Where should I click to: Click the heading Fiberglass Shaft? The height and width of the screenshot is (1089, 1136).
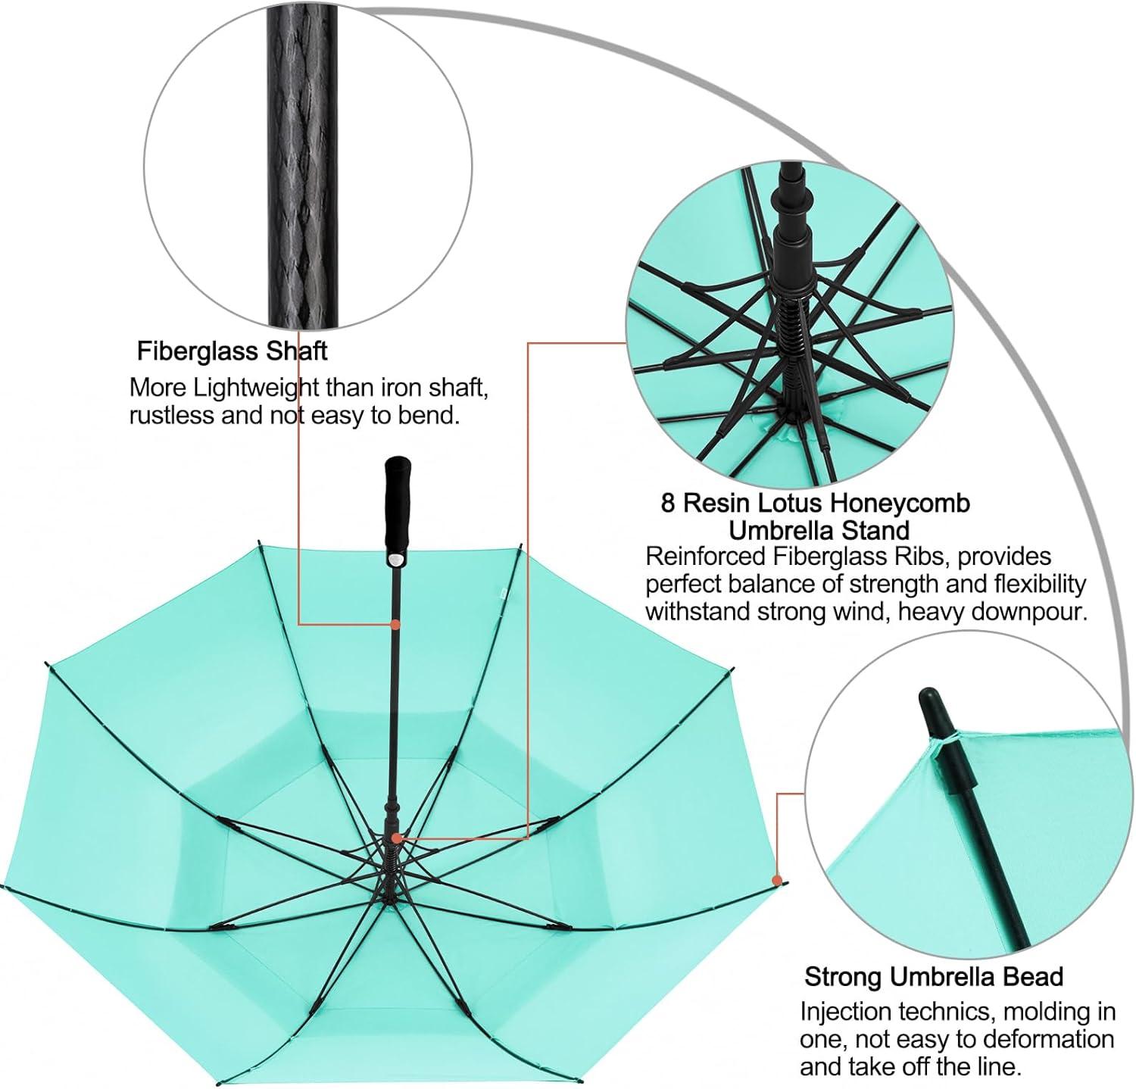(x=232, y=351)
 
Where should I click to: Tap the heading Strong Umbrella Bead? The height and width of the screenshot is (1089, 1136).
(x=934, y=977)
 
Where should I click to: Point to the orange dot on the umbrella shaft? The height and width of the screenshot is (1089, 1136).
(x=395, y=625)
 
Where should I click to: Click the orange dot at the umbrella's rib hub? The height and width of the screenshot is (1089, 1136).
(x=396, y=838)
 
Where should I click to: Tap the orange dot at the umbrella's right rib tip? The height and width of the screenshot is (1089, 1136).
(x=776, y=880)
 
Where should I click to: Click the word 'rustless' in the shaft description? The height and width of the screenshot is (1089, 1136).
(x=174, y=415)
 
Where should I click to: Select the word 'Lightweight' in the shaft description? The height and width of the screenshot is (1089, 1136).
(x=257, y=388)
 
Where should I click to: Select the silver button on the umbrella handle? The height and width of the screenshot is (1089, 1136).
(x=395, y=559)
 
